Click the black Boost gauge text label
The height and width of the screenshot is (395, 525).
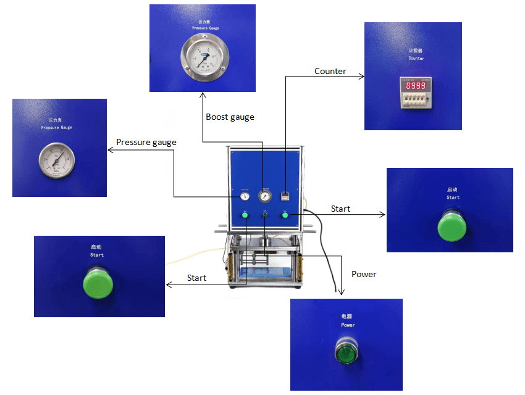click(230, 117)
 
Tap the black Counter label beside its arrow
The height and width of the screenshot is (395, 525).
click(330, 71)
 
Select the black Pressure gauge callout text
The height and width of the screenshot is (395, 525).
click(146, 142)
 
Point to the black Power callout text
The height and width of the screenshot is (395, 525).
click(364, 274)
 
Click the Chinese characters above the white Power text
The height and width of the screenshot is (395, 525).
click(347, 316)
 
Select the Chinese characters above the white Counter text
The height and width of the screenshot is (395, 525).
click(416, 51)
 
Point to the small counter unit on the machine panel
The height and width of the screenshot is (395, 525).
click(285, 196)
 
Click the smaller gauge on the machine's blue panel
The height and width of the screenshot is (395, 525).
click(245, 196)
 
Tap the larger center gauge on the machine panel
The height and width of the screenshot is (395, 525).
click(265, 196)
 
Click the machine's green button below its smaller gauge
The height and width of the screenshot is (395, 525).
click(245, 215)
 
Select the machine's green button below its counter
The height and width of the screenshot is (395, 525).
click(285, 215)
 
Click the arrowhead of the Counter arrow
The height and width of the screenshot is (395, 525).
click(362, 76)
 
